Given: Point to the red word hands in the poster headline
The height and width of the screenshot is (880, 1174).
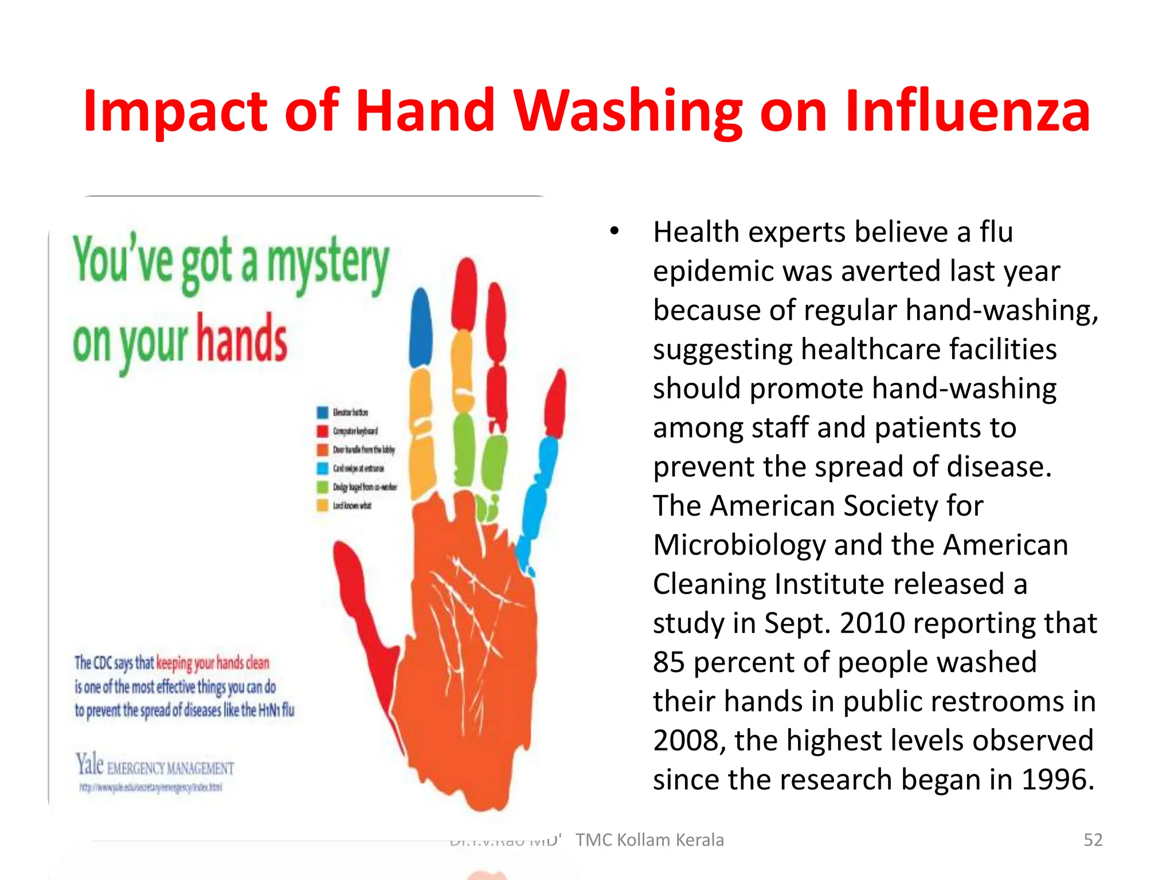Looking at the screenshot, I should pos(241,340).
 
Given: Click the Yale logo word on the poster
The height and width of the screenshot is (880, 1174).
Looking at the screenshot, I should pos(89,764).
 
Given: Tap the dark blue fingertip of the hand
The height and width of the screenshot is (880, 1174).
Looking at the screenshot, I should pos(421,327).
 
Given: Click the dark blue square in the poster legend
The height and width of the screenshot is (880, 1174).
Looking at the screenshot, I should pos(323,412).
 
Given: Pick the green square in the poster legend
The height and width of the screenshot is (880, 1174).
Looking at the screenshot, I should pos(323,487).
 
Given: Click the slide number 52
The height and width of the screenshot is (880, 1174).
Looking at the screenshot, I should pos(1093,840).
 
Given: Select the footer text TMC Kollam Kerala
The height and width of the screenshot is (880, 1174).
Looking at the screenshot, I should pos(649,840).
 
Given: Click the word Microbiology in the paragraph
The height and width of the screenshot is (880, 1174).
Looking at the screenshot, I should pos(738,545).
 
